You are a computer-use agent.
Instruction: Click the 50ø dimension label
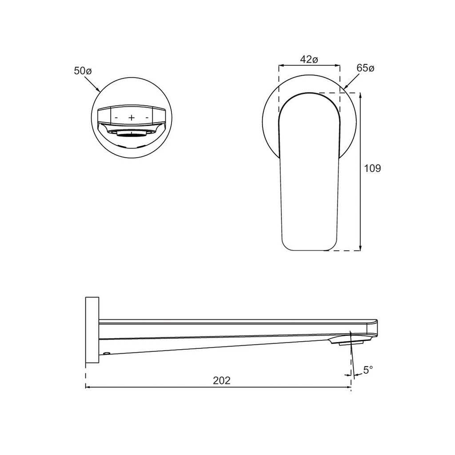pyautogui.click(x=83, y=71)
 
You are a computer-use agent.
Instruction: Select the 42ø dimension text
pyautogui.click(x=309, y=60)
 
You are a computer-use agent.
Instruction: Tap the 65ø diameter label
pyautogui.click(x=365, y=68)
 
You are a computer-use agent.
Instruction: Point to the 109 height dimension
pyautogui.click(x=372, y=168)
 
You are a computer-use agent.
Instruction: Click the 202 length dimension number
pyautogui.click(x=222, y=380)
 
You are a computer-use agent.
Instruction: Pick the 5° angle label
pyautogui.click(x=368, y=370)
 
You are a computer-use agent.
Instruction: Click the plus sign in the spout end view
pyautogui.click(x=132, y=117)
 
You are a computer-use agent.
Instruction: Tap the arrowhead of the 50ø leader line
pyautogui.click(x=98, y=90)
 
